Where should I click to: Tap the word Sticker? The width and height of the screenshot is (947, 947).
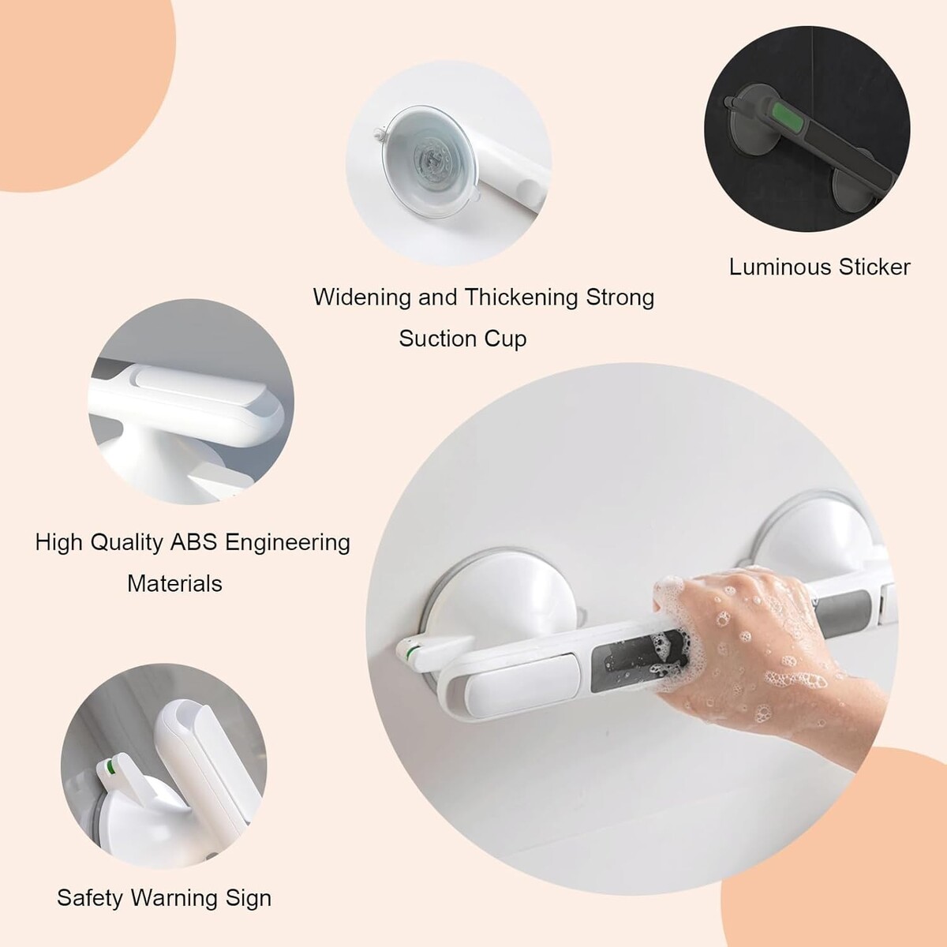coord(874,268)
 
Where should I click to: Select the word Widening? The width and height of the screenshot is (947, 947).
coord(361,298)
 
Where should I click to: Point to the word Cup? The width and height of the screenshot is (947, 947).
coord(505,339)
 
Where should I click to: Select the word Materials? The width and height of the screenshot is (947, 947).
coord(174,584)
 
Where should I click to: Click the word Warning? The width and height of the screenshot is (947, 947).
coord(174,898)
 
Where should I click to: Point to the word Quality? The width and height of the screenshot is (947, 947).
coord(126,543)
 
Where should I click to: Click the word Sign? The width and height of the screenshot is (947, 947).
coord(248,898)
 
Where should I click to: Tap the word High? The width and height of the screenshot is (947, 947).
coord(58,543)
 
